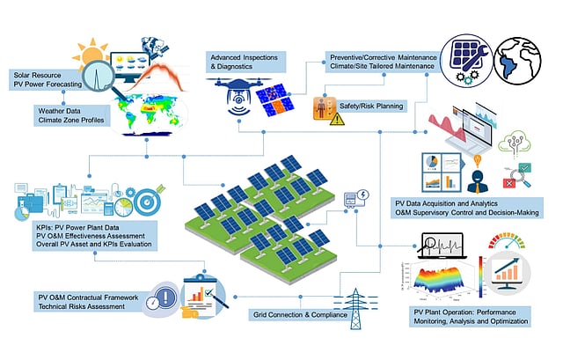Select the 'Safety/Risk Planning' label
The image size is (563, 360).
coord(370,106)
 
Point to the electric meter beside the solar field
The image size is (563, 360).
coord(361,199)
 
